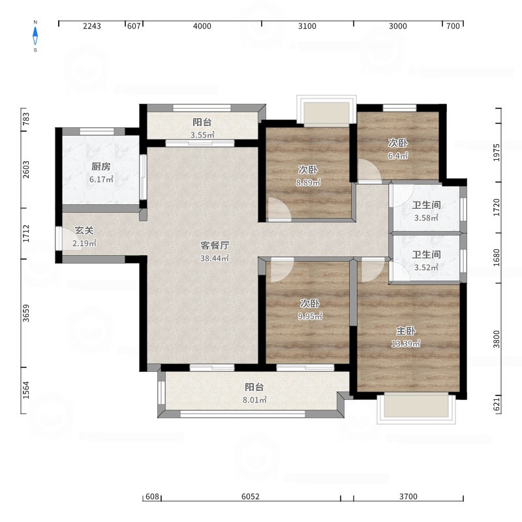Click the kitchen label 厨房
pos(101,166)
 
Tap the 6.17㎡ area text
pos(101,179)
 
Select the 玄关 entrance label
pos(84,230)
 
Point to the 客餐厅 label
pos(215,245)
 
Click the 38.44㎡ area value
pos(215,258)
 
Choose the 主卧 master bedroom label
pos(406,331)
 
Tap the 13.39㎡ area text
pos(405,344)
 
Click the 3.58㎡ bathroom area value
pos(426,218)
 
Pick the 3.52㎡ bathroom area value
pos(426,268)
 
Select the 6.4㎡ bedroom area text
pos(398,155)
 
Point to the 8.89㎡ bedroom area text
pos(308,183)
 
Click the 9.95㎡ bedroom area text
pos(310,316)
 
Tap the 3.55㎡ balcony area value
pos(202,135)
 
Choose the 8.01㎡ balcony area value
pos(254,400)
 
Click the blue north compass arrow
pos(35,36)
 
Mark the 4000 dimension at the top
pos(202,26)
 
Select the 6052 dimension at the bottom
pos(251,497)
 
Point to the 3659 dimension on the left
pos(26,313)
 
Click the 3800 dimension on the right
pos(497,339)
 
